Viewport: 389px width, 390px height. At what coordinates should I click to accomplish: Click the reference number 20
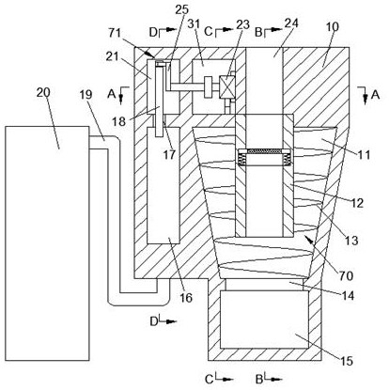[x=44, y=93]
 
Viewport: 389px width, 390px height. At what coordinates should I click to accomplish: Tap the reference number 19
[x=86, y=94]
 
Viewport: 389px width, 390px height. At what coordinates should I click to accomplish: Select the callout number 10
[x=332, y=27]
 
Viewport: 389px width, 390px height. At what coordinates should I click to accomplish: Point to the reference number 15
[x=346, y=361]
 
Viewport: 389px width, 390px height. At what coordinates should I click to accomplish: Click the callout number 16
[x=186, y=298]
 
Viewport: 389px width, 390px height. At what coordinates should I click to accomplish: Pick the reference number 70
[x=346, y=275]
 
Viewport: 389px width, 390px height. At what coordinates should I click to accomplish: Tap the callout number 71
[x=115, y=32]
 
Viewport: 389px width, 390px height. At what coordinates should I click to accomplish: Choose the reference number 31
[x=194, y=23]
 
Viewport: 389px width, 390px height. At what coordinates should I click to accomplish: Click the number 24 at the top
[x=291, y=23]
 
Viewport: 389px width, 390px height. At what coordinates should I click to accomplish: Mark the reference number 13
[x=351, y=241]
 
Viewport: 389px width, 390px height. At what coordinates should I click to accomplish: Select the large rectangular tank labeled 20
[x=47, y=243]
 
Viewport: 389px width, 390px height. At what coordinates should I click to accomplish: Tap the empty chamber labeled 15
[x=264, y=320]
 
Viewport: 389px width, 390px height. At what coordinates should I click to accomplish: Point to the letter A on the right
[x=375, y=94]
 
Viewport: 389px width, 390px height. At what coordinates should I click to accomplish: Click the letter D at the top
[x=153, y=32]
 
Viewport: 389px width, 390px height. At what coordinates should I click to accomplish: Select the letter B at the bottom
[x=258, y=380]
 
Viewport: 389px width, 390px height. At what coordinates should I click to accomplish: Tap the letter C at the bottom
[x=209, y=380]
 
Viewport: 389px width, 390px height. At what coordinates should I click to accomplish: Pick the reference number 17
[x=169, y=154]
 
